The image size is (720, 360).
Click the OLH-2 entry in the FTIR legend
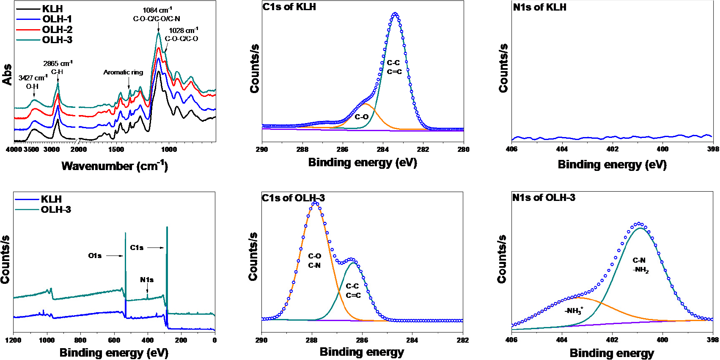(57, 30)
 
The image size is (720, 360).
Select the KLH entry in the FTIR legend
(52, 9)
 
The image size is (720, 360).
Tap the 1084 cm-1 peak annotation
(157, 10)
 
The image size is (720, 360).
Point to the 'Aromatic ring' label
(123, 72)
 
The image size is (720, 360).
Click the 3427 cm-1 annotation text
(33, 78)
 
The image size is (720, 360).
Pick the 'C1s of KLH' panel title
(289, 7)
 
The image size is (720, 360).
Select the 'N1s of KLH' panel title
(539, 7)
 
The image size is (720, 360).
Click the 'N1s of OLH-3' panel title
(544, 198)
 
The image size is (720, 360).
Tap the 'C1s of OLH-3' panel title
(293, 198)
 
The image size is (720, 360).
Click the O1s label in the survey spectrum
(95, 256)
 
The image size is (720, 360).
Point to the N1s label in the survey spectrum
(147, 280)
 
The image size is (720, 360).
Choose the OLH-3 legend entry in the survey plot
(56, 210)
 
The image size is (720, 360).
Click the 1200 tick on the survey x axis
(14, 340)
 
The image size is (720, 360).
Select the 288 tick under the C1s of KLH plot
(302, 149)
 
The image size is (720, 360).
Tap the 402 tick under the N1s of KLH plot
(612, 149)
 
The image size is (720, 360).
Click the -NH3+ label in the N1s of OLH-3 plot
(574, 311)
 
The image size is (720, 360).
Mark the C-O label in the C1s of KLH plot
(361, 117)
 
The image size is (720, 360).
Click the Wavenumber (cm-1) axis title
(114, 166)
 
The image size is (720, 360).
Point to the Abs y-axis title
(7, 74)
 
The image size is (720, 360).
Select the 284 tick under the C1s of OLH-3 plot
(412, 340)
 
